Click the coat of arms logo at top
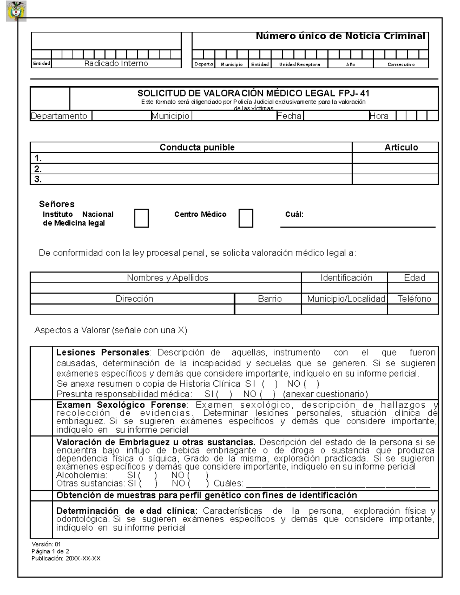tap(16, 11)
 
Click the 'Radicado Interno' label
tap(116, 64)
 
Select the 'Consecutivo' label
tap(401, 64)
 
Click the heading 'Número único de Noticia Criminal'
tap(340, 36)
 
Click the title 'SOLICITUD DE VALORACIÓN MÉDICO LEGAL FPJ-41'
tap(253, 93)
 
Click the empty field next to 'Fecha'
tap(336, 116)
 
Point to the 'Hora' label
tap(379, 116)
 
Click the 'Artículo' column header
tap(401, 148)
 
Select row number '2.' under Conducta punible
tap(38, 169)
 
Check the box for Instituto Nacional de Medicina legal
tap(141, 218)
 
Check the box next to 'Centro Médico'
tap(246, 218)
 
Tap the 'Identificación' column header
tap(346, 278)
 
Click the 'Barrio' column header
tap(269, 299)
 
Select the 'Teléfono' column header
tap(414, 299)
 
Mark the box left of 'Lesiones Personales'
tap(41, 372)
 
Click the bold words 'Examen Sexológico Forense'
tap(121, 405)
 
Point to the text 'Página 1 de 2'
tap(50, 551)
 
